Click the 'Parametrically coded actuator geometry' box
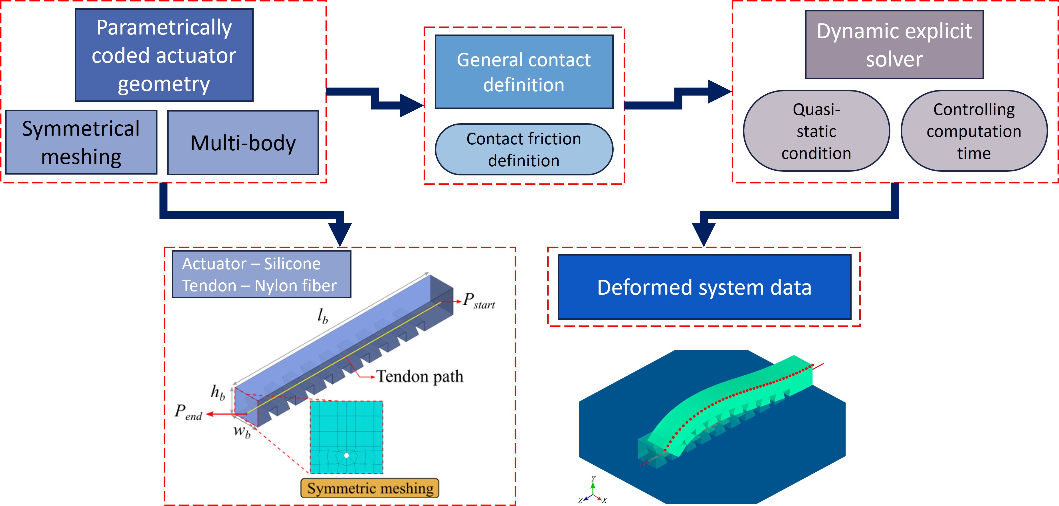[164, 55]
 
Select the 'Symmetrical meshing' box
[81, 142]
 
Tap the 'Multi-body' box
[243, 143]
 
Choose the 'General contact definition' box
[524, 72]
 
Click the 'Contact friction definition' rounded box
[524, 150]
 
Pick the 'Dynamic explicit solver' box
[894, 45]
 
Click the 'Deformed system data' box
[704, 287]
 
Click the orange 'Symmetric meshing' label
[370, 488]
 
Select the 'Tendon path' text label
[420, 376]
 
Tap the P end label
[188, 412]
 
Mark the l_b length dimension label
[323, 316]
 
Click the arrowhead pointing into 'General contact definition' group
[412, 105]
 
